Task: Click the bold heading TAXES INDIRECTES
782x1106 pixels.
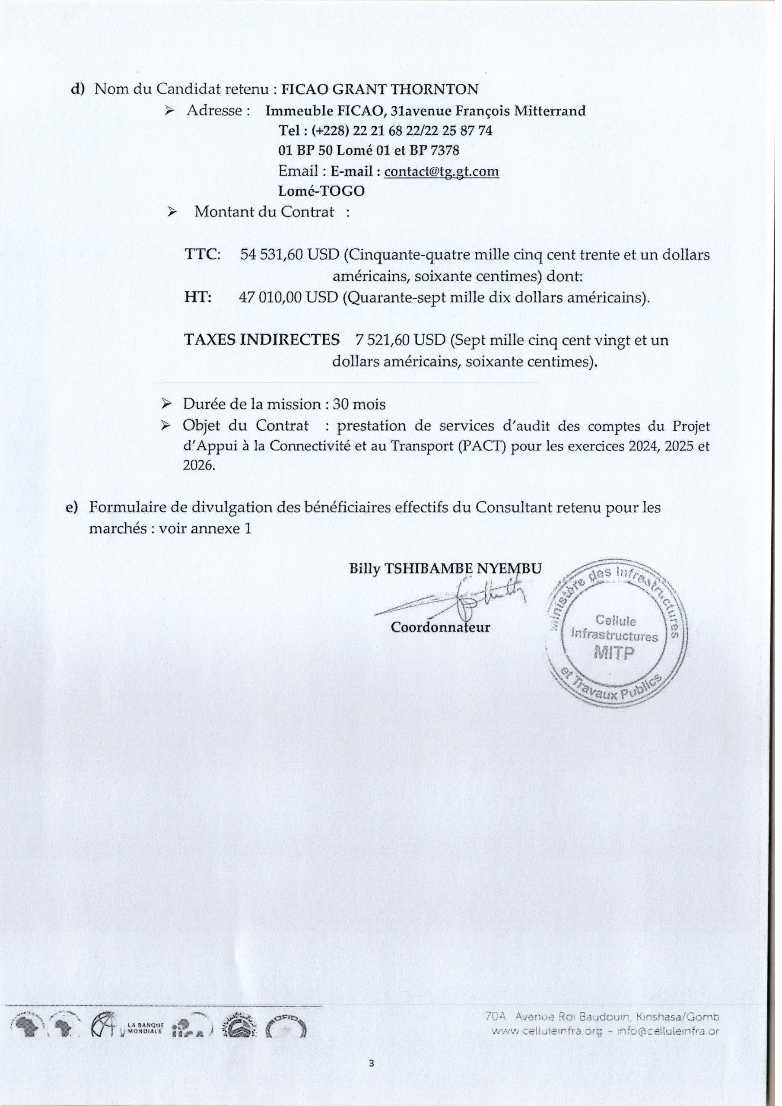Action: point(262,340)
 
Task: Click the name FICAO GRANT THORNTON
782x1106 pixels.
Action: point(380,89)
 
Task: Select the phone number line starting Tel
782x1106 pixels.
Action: point(385,130)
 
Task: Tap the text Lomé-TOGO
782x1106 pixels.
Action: point(321,191)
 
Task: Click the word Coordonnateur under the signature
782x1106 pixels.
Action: point(440,628)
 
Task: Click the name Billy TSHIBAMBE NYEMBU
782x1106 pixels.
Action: point(445,569)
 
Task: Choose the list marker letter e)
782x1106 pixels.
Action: point(72,508)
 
